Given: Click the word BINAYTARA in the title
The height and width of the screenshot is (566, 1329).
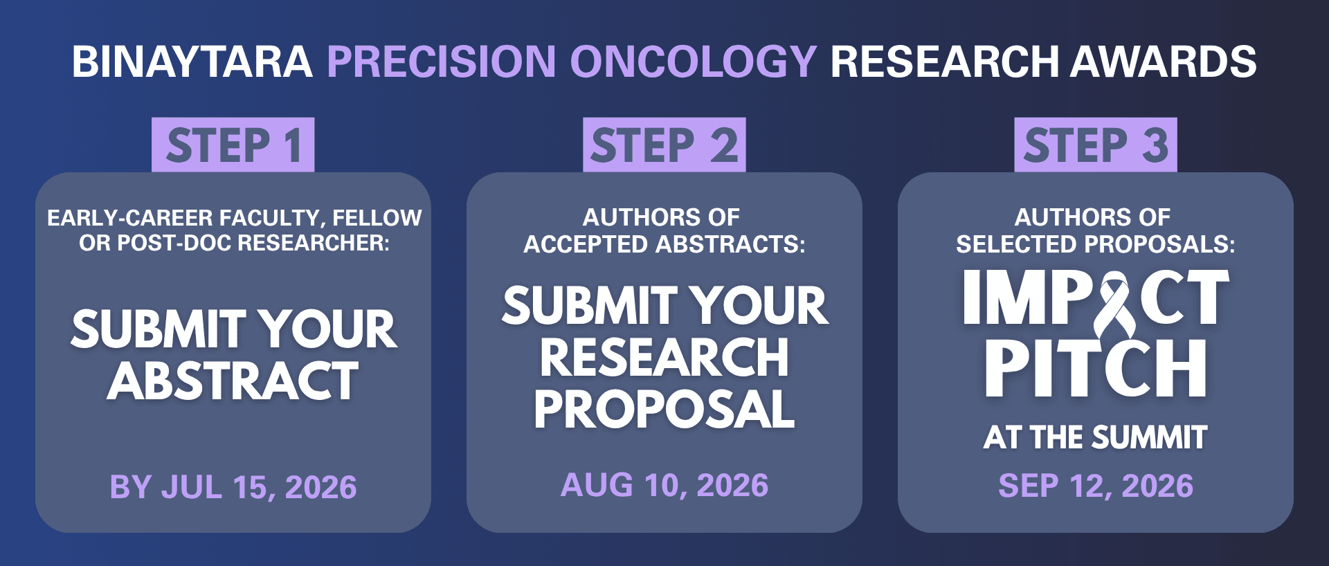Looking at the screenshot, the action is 192,62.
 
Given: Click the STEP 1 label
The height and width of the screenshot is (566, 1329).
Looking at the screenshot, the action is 233,145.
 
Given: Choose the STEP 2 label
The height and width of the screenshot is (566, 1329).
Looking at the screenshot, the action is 664,145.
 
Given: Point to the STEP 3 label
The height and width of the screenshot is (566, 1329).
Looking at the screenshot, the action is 1096,145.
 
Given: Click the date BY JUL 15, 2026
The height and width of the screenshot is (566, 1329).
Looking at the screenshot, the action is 233,487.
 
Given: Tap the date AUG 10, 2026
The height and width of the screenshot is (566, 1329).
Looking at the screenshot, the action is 664,485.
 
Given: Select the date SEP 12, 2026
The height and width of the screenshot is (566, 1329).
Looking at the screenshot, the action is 1096,486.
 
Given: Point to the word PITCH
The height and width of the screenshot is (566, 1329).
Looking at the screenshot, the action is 1096,368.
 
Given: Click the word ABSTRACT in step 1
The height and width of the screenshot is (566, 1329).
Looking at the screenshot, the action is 233,381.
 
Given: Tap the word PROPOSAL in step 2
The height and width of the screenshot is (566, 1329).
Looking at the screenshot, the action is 664,410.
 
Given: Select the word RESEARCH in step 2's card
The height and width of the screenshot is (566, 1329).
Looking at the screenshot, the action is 664,358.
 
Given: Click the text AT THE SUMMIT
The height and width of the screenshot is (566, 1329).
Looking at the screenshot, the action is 1096,437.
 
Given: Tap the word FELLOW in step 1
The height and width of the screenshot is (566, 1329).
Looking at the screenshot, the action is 377,218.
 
